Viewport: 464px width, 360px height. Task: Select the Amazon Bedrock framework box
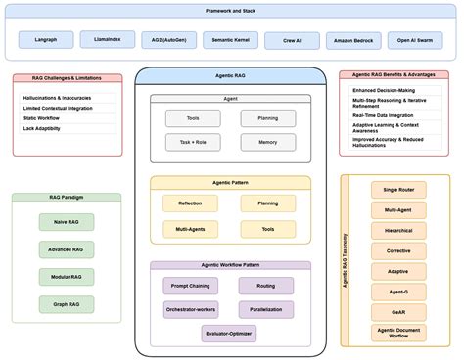(x=349, y=40)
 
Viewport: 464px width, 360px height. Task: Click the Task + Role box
(x=186, y=141)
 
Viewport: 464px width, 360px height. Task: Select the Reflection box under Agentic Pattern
(x=190, y=203)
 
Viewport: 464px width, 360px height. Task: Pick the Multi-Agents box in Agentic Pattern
(x=190, y=230)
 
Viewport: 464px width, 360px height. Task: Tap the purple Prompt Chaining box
(x=190, y=286)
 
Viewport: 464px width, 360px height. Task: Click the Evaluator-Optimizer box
(x=230, y=334)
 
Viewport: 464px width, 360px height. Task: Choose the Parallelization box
(x=265, y=308)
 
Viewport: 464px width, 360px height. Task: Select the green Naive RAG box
(x=67, y=222)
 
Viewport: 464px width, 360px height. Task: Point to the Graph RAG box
(x=67, y=304)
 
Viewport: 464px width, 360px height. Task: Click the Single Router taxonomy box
(x=397, y=189)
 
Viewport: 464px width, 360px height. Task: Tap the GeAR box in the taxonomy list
(x=397, y=312)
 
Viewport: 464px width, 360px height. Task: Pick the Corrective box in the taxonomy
(x=397, y=250)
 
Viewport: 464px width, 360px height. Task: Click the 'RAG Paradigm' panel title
(x=67, y=197)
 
